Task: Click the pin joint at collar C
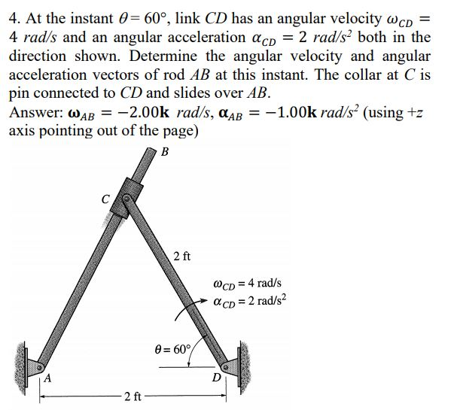pyautogui.click(x=129, y=199)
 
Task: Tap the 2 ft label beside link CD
pyautogui.click(x=181, y=256)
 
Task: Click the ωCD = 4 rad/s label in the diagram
pyautogui.click(x=248, y=284)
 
